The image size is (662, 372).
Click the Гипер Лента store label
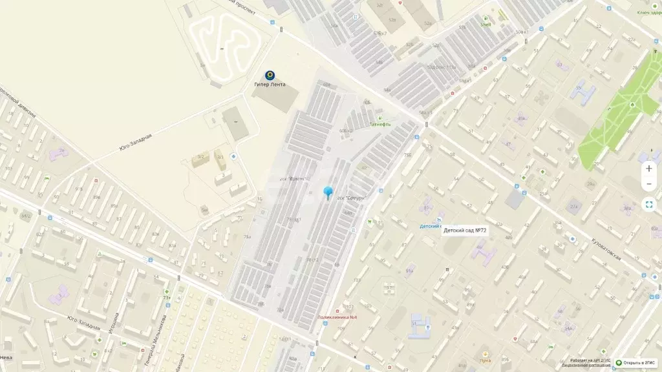270,85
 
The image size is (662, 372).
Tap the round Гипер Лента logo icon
270,75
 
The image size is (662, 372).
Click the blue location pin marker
328,192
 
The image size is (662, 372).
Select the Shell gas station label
486,25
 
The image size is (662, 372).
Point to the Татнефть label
379,124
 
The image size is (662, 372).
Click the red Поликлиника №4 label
338,317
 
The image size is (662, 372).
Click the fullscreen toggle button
649,204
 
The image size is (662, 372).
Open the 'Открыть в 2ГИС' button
637,363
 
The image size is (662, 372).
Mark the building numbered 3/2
202,156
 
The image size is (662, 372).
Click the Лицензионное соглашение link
581,366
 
